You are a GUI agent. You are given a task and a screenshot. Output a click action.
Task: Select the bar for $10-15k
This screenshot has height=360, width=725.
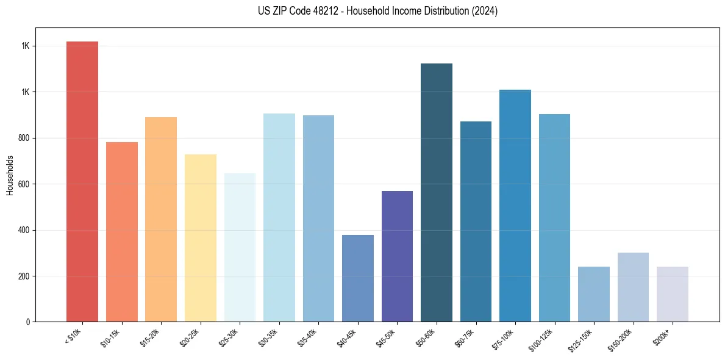tap(121, 232)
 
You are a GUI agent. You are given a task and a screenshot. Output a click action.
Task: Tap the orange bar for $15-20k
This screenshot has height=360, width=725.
tap(161, 220)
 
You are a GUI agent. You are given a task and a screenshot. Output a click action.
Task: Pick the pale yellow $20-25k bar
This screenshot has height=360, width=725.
tap(200, 238)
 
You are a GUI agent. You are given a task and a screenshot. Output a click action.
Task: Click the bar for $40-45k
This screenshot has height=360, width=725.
tap(357, 278)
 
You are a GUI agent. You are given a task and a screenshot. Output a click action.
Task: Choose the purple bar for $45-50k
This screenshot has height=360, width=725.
tap(397, 256)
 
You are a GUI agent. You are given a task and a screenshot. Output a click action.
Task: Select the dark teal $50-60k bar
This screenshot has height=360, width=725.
tap(436, 192)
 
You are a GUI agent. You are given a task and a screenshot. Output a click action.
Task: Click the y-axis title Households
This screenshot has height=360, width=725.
tap(10, 175)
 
